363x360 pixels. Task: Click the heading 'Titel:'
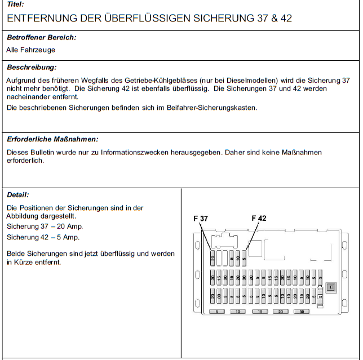15,4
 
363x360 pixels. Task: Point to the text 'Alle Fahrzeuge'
30,50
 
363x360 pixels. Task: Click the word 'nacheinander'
26,96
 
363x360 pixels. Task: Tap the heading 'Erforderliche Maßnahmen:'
52,139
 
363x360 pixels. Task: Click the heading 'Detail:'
18,195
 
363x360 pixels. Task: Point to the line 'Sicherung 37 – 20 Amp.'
45,226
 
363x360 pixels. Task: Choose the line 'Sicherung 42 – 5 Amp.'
43,237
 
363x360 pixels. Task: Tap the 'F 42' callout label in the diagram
259,219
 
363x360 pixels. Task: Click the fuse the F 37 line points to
213,259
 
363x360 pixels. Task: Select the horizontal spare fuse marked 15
259,312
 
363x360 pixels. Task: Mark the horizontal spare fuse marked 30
302,312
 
